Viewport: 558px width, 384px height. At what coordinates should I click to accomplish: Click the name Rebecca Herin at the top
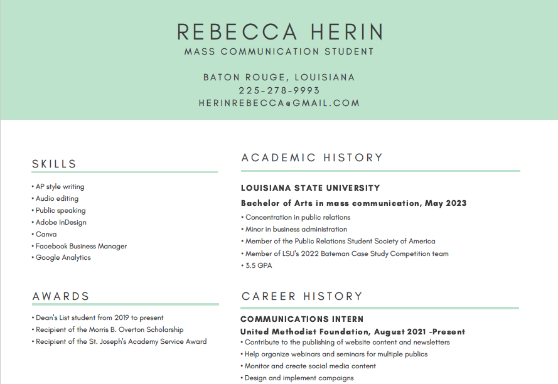pyautogui.click(x=279, y=31)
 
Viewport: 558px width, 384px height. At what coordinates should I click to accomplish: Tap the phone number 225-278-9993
pyautogui.click(x=279, y=90)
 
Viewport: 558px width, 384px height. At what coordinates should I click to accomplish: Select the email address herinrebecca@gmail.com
pyautogui.click(x=279, y=103)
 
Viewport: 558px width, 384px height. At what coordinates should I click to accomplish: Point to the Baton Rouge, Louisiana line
pyautogui.click(x=279, y=77)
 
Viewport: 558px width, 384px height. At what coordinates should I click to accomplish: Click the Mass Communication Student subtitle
pyautogui.click(x=279, y=51)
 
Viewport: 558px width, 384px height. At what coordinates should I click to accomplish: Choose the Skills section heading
pyautogui.click(x=55, y=164)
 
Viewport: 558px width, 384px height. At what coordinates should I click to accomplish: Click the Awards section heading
pyautogui.click(x=61, y=296)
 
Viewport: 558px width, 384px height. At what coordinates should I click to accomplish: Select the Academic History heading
pyautogui.click(x=312, y=157)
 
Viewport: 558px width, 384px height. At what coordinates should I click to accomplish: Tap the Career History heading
pyautogui.click(x=302, y=296)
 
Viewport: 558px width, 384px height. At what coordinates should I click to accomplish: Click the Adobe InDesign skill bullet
pyautogui.click(x=61, y=222)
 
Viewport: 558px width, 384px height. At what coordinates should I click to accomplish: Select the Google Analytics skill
pyautogui.click(x=63, y=257)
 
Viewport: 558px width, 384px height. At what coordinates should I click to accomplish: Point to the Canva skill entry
pyautogui.click(x=46, y=234)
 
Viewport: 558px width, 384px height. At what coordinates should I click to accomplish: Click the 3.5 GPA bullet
pyautogui.click(x=258, y=265)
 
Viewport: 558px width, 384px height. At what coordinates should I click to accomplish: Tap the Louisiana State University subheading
pyautogui.click(x=310, y=188)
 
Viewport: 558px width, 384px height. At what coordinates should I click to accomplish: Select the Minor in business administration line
pyautogui.click(x=296, y=229)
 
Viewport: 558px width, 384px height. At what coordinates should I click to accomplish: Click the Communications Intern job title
pyautogui.click(x=302, y=319)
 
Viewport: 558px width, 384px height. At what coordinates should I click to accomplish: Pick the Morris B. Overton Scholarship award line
pyautogui.click(x=109, y=329)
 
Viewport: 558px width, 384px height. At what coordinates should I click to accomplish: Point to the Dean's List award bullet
pyautogui.click(x=99, y=317)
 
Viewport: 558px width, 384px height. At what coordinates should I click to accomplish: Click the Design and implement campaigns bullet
pyautogui.click(x=299, y=378)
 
